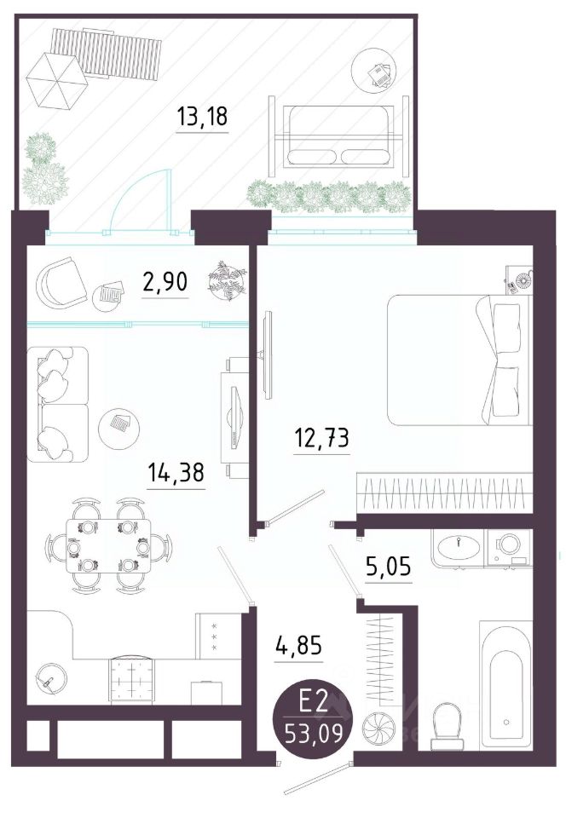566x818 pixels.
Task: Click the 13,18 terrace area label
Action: click(202, 116)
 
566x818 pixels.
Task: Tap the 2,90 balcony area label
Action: click(165, 282)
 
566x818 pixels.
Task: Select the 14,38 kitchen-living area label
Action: click(176, 473)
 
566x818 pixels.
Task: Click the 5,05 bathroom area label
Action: click(388, 566)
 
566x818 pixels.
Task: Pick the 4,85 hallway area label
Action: click(299, 646)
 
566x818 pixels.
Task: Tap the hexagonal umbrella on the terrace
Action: click(55, 81)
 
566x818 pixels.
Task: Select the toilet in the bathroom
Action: click(447, 724)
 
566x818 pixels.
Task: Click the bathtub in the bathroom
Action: click(505, 685)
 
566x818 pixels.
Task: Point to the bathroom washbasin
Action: click(459, 548)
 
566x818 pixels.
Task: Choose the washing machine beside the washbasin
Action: click(509, 548)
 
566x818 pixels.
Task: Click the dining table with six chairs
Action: click(108, 545)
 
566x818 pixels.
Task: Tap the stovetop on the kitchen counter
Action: click(132, 679)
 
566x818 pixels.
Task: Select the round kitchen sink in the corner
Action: click(50, 679)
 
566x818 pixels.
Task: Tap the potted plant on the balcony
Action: click(228, 280)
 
